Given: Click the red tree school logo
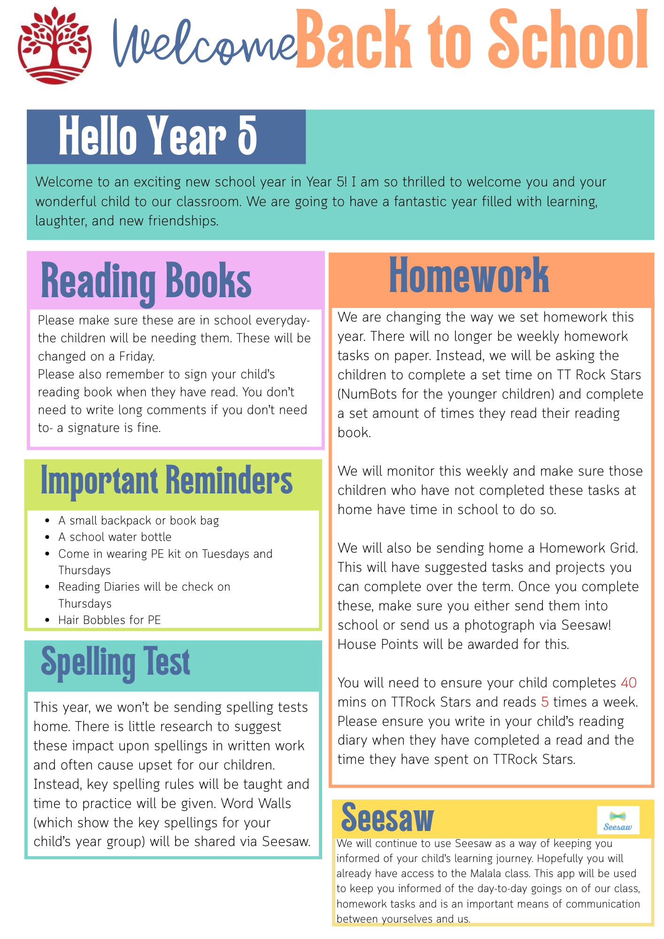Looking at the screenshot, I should click(x=54, y=46).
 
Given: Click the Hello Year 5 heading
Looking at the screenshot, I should click(x=158, y=136).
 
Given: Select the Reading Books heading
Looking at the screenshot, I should click(x=146, y=281).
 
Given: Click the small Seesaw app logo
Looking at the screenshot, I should click(x=618, y=820).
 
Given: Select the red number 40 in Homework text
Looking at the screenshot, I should click(x=628, y=683).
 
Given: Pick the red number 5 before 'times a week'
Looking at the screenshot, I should click(x=545, y=702).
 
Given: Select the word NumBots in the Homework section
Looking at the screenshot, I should click(x=369, y=394).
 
